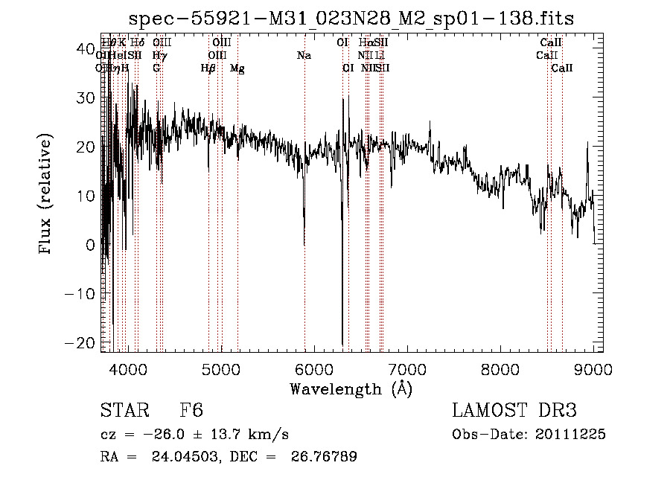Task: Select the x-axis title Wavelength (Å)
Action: [x=351, y=388]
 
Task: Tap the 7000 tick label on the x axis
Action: [x=406, y=368]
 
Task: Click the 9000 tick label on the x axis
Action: [x=593, y=368]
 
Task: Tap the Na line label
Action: [x=304, y=56]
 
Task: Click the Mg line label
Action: [x=237, y=68]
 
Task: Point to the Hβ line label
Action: [x=208, y=68]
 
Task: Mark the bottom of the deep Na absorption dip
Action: [x=304, y=244]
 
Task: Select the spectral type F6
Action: [x=191, y=412]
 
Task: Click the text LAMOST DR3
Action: [x=514, y=412]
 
